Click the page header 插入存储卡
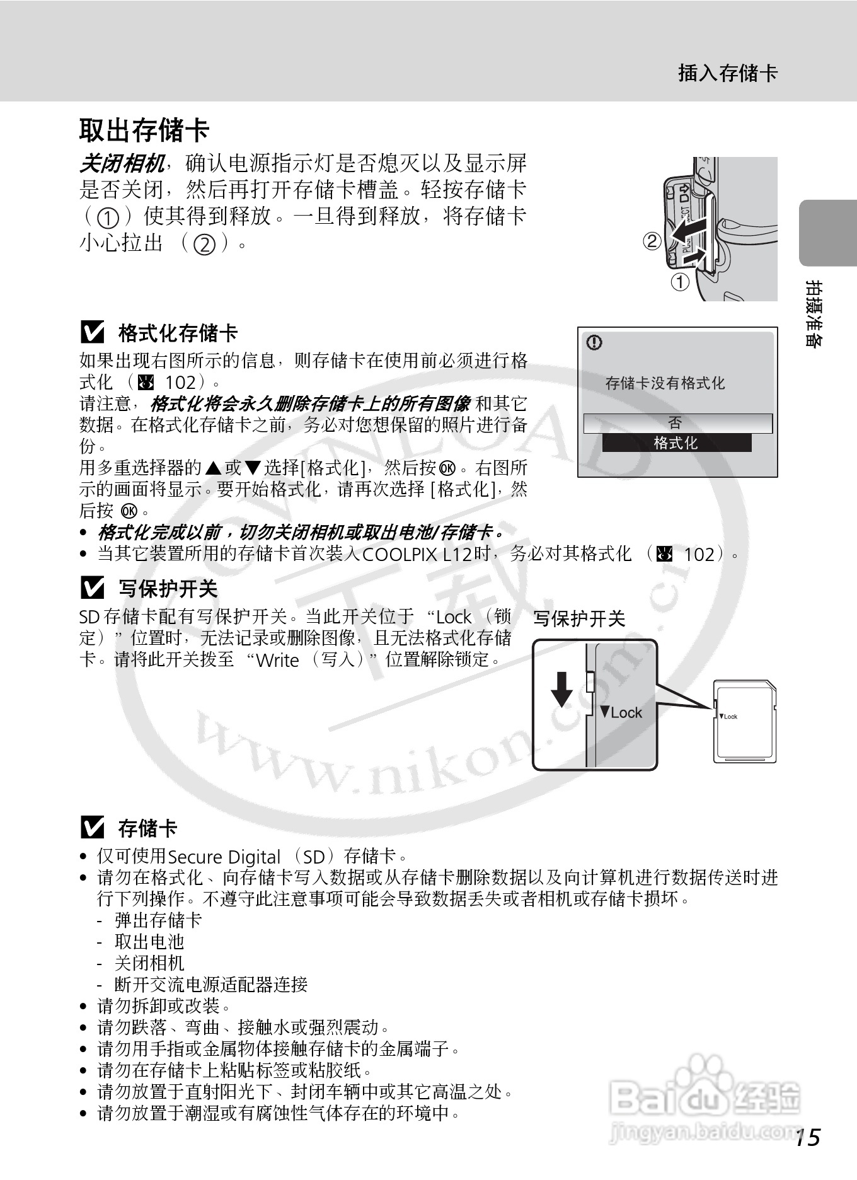click(x=728, y=73)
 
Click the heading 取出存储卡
click(x=144, y=130)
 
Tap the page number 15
click(x=807, y=1137)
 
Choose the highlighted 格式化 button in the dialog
click(x=676, y=442)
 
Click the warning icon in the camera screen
click(x=594, y=342)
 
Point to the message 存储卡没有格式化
click(x=665, y=383)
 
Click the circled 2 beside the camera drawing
click(x=652, y=241)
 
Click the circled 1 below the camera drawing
click(x=679, y=282)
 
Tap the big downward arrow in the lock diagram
click(x=562, y=690)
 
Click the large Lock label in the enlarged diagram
click(x=621, y=712)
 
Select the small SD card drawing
click(x=744, y=722)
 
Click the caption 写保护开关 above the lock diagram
click(x=579, y=619)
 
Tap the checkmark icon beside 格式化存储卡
click(x=93, y=332)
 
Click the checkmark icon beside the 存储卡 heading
click(x=93, y=827)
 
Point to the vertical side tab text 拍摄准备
click(x=814, y=314)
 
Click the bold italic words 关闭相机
click(x=122, y=164)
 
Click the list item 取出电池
click(x=149, y=941)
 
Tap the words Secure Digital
click(x=224, y=857)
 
